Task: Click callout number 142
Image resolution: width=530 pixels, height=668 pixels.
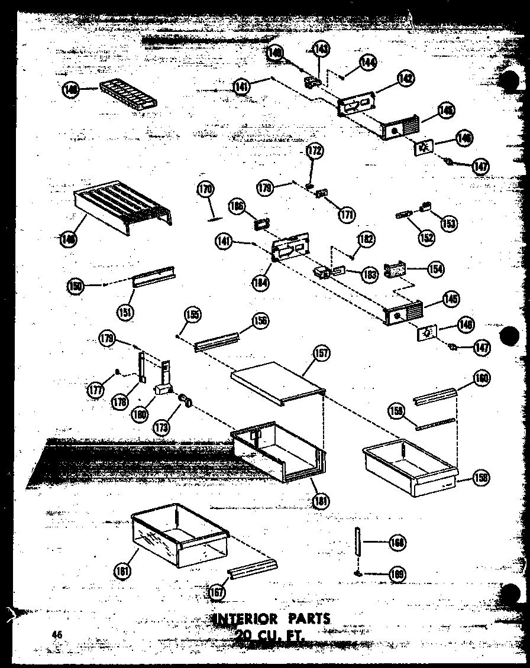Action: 405,78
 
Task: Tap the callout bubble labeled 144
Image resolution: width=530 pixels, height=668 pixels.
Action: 368,61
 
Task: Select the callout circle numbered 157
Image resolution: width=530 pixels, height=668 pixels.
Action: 322,354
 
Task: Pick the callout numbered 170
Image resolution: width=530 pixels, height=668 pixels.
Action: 205,190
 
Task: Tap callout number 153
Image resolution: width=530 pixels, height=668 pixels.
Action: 449,223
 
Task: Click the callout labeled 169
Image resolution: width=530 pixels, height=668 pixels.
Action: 397,573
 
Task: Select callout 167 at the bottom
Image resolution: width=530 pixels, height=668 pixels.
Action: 218,591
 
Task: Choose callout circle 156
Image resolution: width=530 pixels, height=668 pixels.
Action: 260,321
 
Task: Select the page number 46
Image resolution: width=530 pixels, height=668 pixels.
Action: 57,634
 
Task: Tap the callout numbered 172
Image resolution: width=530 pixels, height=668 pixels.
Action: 315,152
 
